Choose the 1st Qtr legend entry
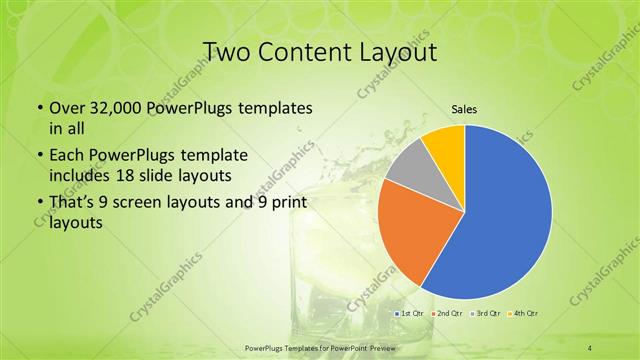[x=411, y=313]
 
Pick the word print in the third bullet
[x=287, y=206]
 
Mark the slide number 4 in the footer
[x=590, y=347]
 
